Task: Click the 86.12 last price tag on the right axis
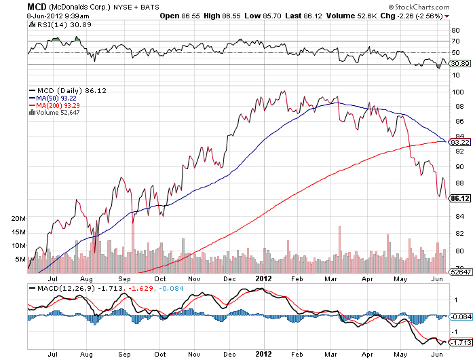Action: tap(461, 198)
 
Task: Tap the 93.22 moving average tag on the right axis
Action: tap(460, 143)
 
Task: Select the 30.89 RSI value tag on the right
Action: tap(460, 63)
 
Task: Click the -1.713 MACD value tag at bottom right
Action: tap(460, 343)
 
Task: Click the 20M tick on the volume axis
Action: tap(19, 219)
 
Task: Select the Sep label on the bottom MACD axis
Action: tap(126, 354)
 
